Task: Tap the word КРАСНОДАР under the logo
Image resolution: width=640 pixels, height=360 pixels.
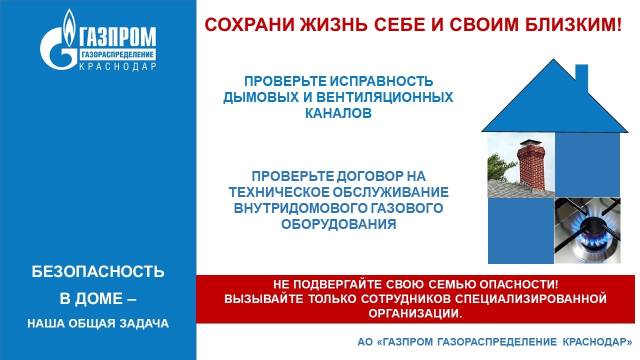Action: [x=117, y=66]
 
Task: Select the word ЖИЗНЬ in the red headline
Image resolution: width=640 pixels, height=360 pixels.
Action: [x=333, y=24]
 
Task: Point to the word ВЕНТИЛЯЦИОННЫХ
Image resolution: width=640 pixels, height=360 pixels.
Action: [x=384, y=97]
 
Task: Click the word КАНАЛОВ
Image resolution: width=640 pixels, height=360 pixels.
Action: [x=338, y=113]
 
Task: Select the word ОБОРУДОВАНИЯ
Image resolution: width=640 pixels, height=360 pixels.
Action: [x=338, y=224]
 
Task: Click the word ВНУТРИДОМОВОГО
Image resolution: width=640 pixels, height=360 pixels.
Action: [x=299, y=208]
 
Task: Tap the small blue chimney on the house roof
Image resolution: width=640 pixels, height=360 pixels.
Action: [x=581, y=77]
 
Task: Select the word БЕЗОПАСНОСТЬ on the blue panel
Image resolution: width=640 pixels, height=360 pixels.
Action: [x=98, y=271]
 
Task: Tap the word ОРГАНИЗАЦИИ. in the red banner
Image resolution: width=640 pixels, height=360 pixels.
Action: [x=415, y=313]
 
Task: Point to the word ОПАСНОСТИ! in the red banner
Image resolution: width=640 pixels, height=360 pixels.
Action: [x=518, y=284]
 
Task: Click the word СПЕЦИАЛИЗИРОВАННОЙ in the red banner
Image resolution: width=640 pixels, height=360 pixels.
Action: [x=530, y=299]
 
